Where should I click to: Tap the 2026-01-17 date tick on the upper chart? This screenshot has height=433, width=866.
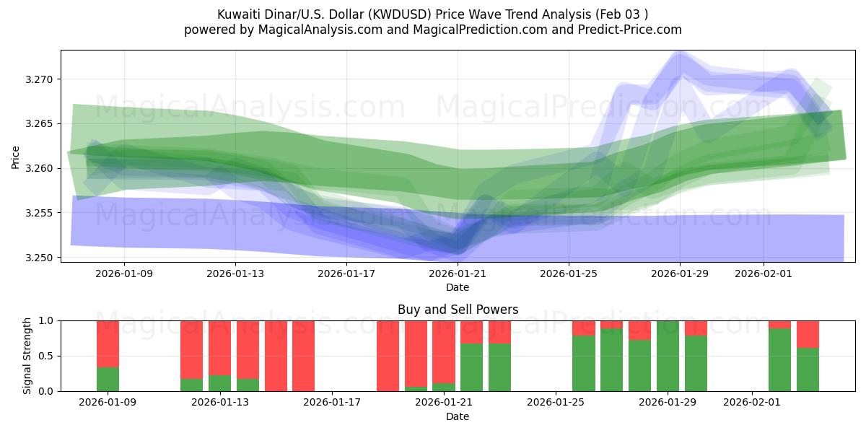pyautogui.click(x=346, y=274)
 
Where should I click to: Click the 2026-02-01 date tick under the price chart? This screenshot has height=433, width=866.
pyautogui.click(x=764, y=274)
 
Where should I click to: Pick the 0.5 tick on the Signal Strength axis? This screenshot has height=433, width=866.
pyautogui.click(x=48, y=356)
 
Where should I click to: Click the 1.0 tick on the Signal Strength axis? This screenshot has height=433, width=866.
pyautogui.click(x=48, y=320)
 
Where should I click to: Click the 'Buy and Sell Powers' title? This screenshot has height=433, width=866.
pyautogui.click(x=458, y=310)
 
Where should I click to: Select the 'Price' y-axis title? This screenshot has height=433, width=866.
pyautogui.click(x=16, y=157)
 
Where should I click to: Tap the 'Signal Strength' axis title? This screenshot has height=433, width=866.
pyautogui.click(x=27, y=356)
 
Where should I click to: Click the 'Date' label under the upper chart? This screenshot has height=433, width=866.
pyautogui.click(x=458, y=287)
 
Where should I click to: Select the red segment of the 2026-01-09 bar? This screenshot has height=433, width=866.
pyautogui.click(x=108, y=344)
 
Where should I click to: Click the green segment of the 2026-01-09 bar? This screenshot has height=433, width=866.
pyautogui.click(x=108, y=380)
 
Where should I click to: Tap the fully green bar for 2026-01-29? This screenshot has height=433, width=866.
pyautogui.click(x=668, y=356)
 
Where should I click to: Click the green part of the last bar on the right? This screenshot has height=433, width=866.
pyautogui.click(x=808, y=369)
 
